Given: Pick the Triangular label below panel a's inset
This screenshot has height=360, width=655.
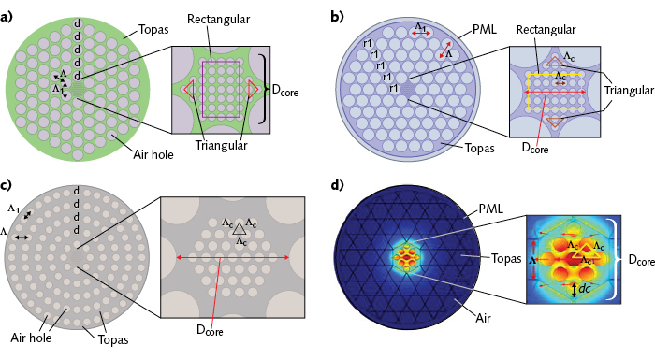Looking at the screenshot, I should coord(221,145).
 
